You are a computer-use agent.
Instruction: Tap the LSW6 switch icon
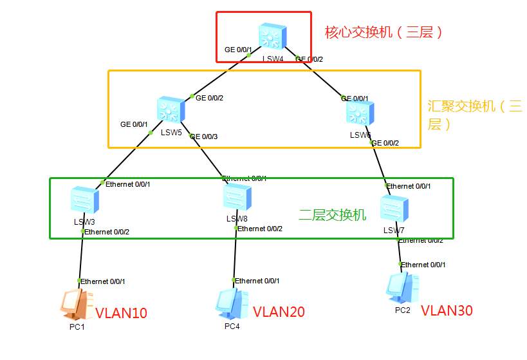pyautogui.click(x=359, y=113)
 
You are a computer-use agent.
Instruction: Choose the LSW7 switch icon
pyautogui.click(x=393, y=209)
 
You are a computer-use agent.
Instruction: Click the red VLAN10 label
pyautogui.click(x=121, y=314)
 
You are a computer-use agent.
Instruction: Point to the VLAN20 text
pyautogui.click(x=279, y=312)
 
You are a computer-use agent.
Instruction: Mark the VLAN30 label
pyautogui.click(x=447, y=311)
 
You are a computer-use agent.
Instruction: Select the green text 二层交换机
pyautogui.click(x=333, y=215)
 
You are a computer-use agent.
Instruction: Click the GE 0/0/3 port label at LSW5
pyautogui.click(x=204, y=137)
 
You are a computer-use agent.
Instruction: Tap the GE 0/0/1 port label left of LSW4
pyautogui.click(x=238, y=50)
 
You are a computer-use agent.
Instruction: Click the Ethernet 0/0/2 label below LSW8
pyautogui.click(x=260, y=229)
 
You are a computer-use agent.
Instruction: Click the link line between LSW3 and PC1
pyautogui.click(x=82, y=258)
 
